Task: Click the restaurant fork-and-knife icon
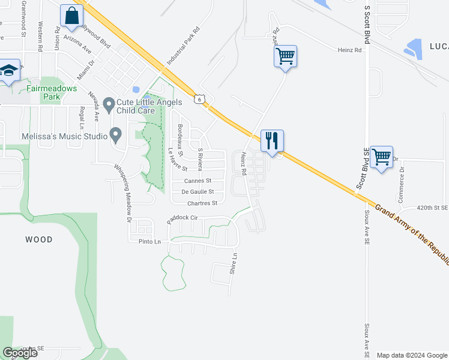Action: coord(272,141)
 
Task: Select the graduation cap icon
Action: coord(9,70)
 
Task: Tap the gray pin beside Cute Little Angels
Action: coord(109,106)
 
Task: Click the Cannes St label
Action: coord(197,181)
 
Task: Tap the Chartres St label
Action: coord(202,203)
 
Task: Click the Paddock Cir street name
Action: coord(182,219)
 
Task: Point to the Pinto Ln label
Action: coord(149,242)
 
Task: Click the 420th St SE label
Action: coord(432,208)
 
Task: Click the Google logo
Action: coord(20,353)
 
